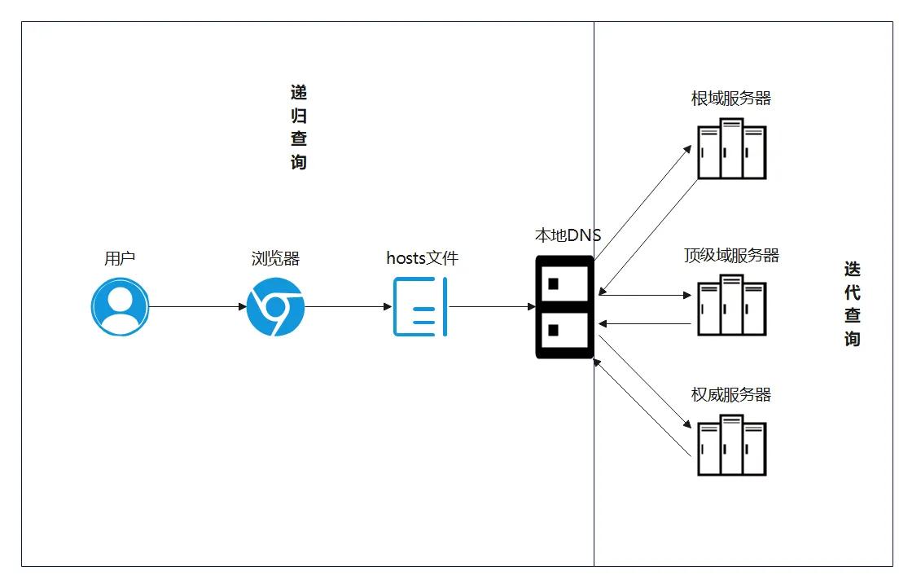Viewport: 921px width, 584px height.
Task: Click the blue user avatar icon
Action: [x=120, y=307]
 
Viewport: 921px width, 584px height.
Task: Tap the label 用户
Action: [x=120, y=258]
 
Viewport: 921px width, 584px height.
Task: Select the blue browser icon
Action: [x=275, y=307]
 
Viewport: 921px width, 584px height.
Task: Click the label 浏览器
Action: [x=275, y=258]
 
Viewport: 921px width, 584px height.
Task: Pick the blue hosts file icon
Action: [x=420, y=307]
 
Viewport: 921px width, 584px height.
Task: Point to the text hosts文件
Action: [x=423, y=258]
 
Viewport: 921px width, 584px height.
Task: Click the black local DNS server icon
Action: [x=564, y=307]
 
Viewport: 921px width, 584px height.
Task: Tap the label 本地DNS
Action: [x=568, y=235]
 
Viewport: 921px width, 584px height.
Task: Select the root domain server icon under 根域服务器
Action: [x=732, y=148]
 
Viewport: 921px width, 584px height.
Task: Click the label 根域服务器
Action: [x=731, y=98]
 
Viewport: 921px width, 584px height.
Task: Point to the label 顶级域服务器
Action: [x=731, y=255]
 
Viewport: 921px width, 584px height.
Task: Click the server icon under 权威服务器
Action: [x=732, y=445]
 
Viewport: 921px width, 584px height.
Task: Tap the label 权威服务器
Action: [x=731, y=394]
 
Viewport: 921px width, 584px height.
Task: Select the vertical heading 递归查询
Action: [x=299, y=127]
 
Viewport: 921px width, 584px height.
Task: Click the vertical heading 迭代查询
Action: [x=853, y=304]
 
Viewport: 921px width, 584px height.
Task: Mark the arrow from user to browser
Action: [x=198, y=307]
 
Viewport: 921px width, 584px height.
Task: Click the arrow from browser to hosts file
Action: [x=349, y=307]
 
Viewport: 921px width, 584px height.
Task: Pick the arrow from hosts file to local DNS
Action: [x=492, y=307]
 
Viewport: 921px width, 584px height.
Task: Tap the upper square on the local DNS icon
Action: [x=553, y=284]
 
